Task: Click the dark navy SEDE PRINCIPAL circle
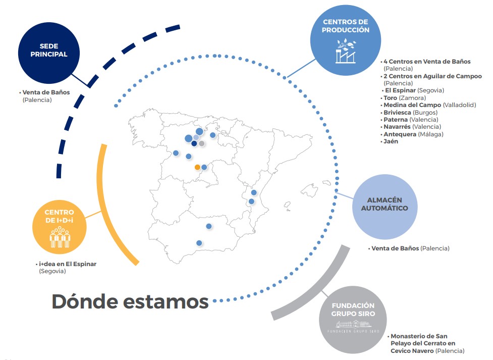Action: pyautogui.click(x=49, y=53)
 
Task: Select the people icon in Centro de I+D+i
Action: pyautogui.click(x=60, y=237)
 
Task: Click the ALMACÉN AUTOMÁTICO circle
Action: pyautogui.click(x=385, y=207)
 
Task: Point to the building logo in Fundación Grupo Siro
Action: pyautogui.click(x=353, y=326)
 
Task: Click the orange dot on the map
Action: pyautogui.click(x=197, y=167)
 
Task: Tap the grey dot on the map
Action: pyautogui.click(x=202, y=143)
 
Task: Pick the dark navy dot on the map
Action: pyautogui.click(x=194, y=143)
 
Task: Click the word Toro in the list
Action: pyautogui.click(x=390, y=98)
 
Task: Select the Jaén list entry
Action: pyautogui.click(x=391, y=141)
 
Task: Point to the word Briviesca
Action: pyautogui.click(x=398, y=113)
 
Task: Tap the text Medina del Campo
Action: pyautogui.click(x=412, y=105)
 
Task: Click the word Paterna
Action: pyautogui.click(x=396, y=120)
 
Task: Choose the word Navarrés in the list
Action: pyautogui.click(x=397, y=127)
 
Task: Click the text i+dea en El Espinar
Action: pyautogui.click(x=68, y=264)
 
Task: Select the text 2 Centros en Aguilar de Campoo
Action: pyautogui.click(x=432, y=76)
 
